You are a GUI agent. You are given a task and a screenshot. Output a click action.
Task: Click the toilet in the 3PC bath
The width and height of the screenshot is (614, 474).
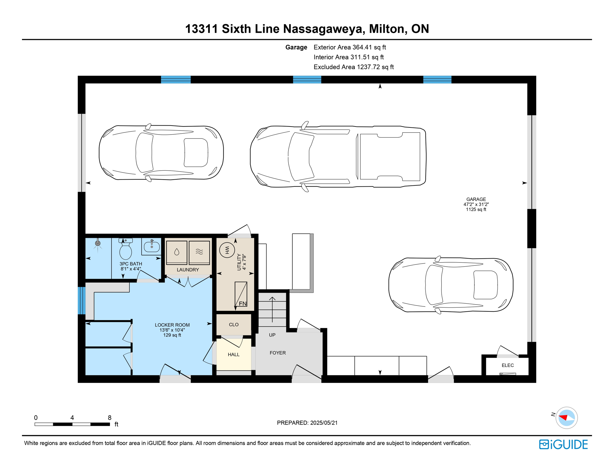click(x=125, y=250)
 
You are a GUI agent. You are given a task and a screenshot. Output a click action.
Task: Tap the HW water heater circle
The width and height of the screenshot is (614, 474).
click(x=227, y=250)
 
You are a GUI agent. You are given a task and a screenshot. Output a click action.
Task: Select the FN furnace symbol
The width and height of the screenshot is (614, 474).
click(x=241, y=294)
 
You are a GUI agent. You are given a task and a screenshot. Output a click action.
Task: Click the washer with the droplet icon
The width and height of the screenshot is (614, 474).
click(x=177, y=252)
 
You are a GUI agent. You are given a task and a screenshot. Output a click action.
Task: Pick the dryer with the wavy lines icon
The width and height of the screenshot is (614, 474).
click(x=199, y=252)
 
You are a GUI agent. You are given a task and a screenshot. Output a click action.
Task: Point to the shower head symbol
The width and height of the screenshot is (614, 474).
click(x=98, y=243)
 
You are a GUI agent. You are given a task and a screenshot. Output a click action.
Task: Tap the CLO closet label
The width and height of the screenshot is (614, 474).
click(x=233, y=325)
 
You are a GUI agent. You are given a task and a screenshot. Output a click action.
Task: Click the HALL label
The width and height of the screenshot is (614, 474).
click(x=233, y=355)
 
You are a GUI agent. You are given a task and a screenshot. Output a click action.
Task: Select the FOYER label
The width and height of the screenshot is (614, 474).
click(x=277, y=353)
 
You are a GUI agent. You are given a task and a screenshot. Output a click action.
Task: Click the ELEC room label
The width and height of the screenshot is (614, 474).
click(x=507, y=365)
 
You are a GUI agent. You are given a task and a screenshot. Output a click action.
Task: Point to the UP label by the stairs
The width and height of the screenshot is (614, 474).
click(x=272, y=335)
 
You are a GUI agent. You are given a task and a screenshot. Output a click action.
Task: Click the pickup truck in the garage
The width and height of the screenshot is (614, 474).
click(x=338, y=156)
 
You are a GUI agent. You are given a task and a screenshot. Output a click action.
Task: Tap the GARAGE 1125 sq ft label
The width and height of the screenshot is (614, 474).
click(x=476, y=204)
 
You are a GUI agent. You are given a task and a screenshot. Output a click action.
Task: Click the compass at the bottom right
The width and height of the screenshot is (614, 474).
click(x=566, y=418)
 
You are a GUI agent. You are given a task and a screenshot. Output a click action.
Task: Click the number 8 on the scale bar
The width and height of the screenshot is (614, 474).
click(x=109, y=418)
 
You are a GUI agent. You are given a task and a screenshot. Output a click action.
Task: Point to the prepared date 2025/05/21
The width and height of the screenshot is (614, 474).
click(x=307, y=423)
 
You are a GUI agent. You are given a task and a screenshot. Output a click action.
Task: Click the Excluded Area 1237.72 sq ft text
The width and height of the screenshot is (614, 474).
click(x=353, y=67)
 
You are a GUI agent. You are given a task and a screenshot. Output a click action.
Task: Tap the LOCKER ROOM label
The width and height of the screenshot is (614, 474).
click(x=172, y=330)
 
